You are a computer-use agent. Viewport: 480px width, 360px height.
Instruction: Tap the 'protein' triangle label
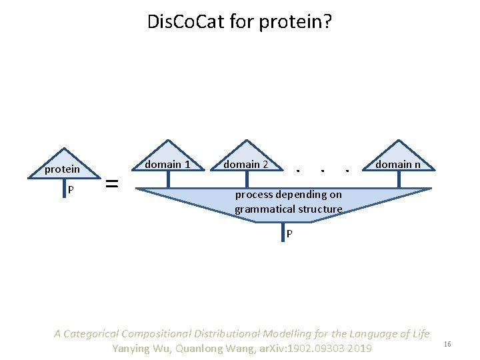[62, 169]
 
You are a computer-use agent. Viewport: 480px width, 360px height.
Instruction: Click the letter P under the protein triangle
[71, 190]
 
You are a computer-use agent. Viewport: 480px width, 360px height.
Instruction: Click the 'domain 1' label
[167, 164]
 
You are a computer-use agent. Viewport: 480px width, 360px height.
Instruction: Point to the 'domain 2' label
[245, 164]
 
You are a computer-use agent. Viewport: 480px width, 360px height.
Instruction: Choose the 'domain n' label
[397, 164]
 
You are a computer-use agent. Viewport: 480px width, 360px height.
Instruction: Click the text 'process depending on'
[289, 195]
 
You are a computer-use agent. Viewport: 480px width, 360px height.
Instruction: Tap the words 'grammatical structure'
[288, 209]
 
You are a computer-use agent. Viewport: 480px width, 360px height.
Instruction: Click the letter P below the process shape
[289, 234]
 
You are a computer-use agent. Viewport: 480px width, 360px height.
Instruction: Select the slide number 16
[447, 344]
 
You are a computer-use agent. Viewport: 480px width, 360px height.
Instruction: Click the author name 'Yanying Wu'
[139, 349]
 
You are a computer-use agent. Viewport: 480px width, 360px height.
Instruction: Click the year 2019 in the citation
[359, 349]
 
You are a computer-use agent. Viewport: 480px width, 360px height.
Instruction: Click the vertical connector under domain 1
[169, 179]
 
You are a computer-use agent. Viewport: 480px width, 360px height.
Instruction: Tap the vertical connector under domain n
[399, 179]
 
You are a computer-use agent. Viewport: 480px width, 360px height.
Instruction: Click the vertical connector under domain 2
[246, 179]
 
